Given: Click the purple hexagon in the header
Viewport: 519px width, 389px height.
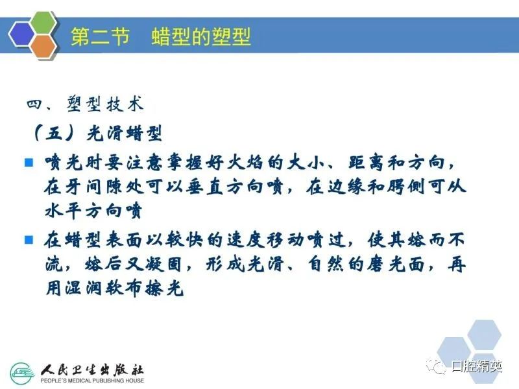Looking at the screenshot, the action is pyautogui.click(x=21, y=34).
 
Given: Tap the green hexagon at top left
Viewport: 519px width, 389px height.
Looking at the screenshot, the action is pyautogui.click(x=43, y=23).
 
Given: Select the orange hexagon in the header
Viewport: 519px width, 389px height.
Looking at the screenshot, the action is pyautogui.click(x=43, y=47).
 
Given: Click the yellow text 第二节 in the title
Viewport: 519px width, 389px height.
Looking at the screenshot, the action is pyautogui.click(x=100, y=36).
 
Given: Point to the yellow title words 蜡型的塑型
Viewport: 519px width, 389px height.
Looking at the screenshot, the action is pyautogui.click(x=201, y=36).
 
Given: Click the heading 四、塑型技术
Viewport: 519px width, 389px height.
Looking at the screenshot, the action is pyautogui.click(x=85, y=104).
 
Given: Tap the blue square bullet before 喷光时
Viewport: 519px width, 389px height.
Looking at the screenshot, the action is pyautogui.click(x=29, y=163).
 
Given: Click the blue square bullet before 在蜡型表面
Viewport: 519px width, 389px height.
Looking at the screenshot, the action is pyautogui.click(x=29, y=239).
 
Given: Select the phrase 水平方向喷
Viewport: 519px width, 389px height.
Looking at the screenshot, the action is pyautogui.click(x=93, y=211).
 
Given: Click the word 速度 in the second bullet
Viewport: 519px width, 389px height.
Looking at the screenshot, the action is pyautogui.click(x=246, y=240).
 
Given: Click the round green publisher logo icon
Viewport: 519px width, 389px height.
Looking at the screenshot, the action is pyautogui.click(x=22, y=374).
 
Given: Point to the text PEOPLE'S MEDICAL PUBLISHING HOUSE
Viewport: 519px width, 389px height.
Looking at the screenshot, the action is pyautogui.click(x=92, y=381).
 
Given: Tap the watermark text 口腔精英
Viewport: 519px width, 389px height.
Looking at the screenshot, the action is pyautogui.click(x=477, y=366).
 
